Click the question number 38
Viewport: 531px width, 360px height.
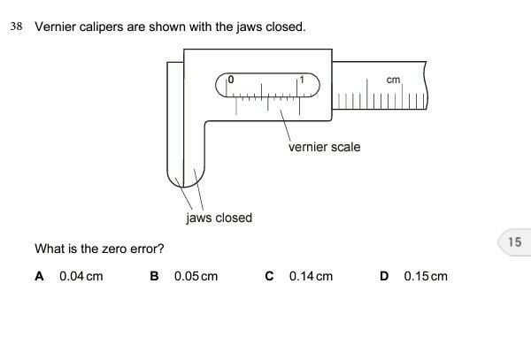[16, 27]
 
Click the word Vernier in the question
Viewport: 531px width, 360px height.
[55, 27]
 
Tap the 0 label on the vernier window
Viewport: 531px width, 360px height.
[231, 80]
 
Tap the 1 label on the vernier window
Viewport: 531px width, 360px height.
[302, 80]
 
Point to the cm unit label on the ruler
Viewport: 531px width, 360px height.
[394, 80]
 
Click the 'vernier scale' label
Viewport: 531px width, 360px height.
[324, 147]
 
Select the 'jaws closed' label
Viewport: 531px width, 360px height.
[219, 218]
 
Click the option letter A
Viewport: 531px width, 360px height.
[39, 276]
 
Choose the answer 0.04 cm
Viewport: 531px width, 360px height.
[81, 276]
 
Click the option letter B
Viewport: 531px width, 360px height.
[155, 276]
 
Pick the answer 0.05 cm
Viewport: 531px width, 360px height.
[196, 276]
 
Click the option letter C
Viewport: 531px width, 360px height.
[270, 276]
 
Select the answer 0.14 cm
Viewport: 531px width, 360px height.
[311, 276]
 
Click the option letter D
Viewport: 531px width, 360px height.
[384, 276]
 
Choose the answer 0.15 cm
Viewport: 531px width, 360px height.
[426, 276]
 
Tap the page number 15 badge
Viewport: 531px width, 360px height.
[515, 241]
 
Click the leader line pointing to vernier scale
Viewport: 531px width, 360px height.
[286, 124]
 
